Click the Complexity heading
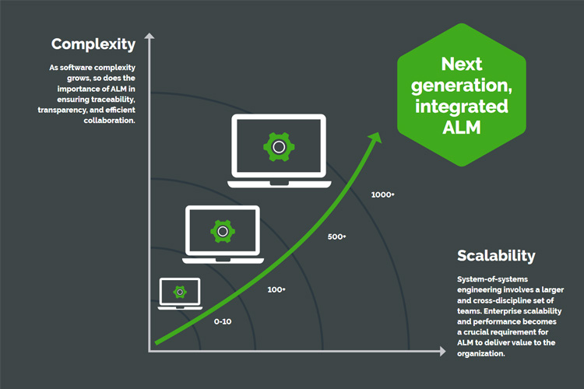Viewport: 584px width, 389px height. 93,44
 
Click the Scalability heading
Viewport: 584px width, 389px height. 496,255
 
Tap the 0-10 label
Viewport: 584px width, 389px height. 223,321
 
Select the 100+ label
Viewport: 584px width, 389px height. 276,289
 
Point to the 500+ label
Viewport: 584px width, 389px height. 336,237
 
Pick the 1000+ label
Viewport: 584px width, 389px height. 382,194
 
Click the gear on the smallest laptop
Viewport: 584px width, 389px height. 180,292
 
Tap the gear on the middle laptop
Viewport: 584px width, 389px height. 223,231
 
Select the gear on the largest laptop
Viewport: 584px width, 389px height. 278,145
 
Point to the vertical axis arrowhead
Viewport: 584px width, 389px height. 149,37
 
